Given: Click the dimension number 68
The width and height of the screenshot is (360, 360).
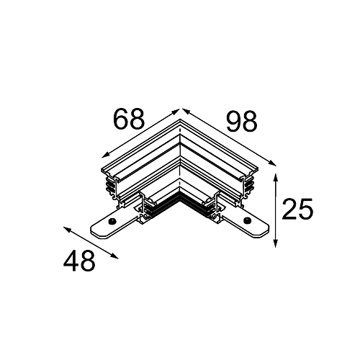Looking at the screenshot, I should (130, 120).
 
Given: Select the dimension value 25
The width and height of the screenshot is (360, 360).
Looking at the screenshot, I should (297, 210).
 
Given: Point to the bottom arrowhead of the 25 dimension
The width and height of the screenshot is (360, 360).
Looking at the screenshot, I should (276, 244).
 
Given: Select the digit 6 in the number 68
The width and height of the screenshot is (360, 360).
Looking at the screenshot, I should (120, 120).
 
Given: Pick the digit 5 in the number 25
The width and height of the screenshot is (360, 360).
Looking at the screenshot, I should (305, 210).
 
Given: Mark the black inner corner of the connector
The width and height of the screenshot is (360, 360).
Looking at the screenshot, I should (180, 204).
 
